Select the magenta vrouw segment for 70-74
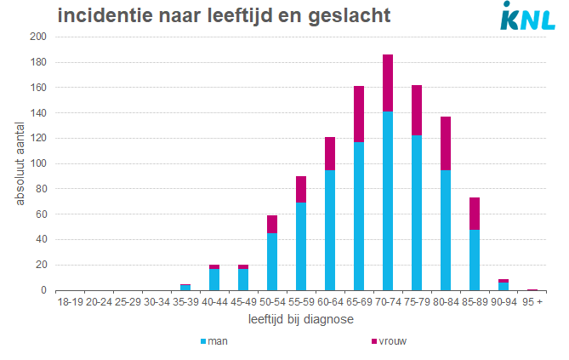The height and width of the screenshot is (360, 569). tap(388, 83)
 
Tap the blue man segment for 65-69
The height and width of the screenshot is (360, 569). tap(359, 216)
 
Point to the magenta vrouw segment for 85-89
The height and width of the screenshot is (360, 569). tap(475, 214)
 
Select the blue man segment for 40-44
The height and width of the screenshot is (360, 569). tap(214, 279)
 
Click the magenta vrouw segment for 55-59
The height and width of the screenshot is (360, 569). tap(301, 189)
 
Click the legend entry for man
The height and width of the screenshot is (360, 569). tap(217, 341)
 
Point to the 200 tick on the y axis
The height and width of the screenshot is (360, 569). tap(37, 37)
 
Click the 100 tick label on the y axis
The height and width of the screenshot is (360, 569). tap(37, 163)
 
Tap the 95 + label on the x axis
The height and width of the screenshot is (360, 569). tap(532, 301)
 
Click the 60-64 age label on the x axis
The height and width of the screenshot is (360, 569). tap(330, 301)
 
